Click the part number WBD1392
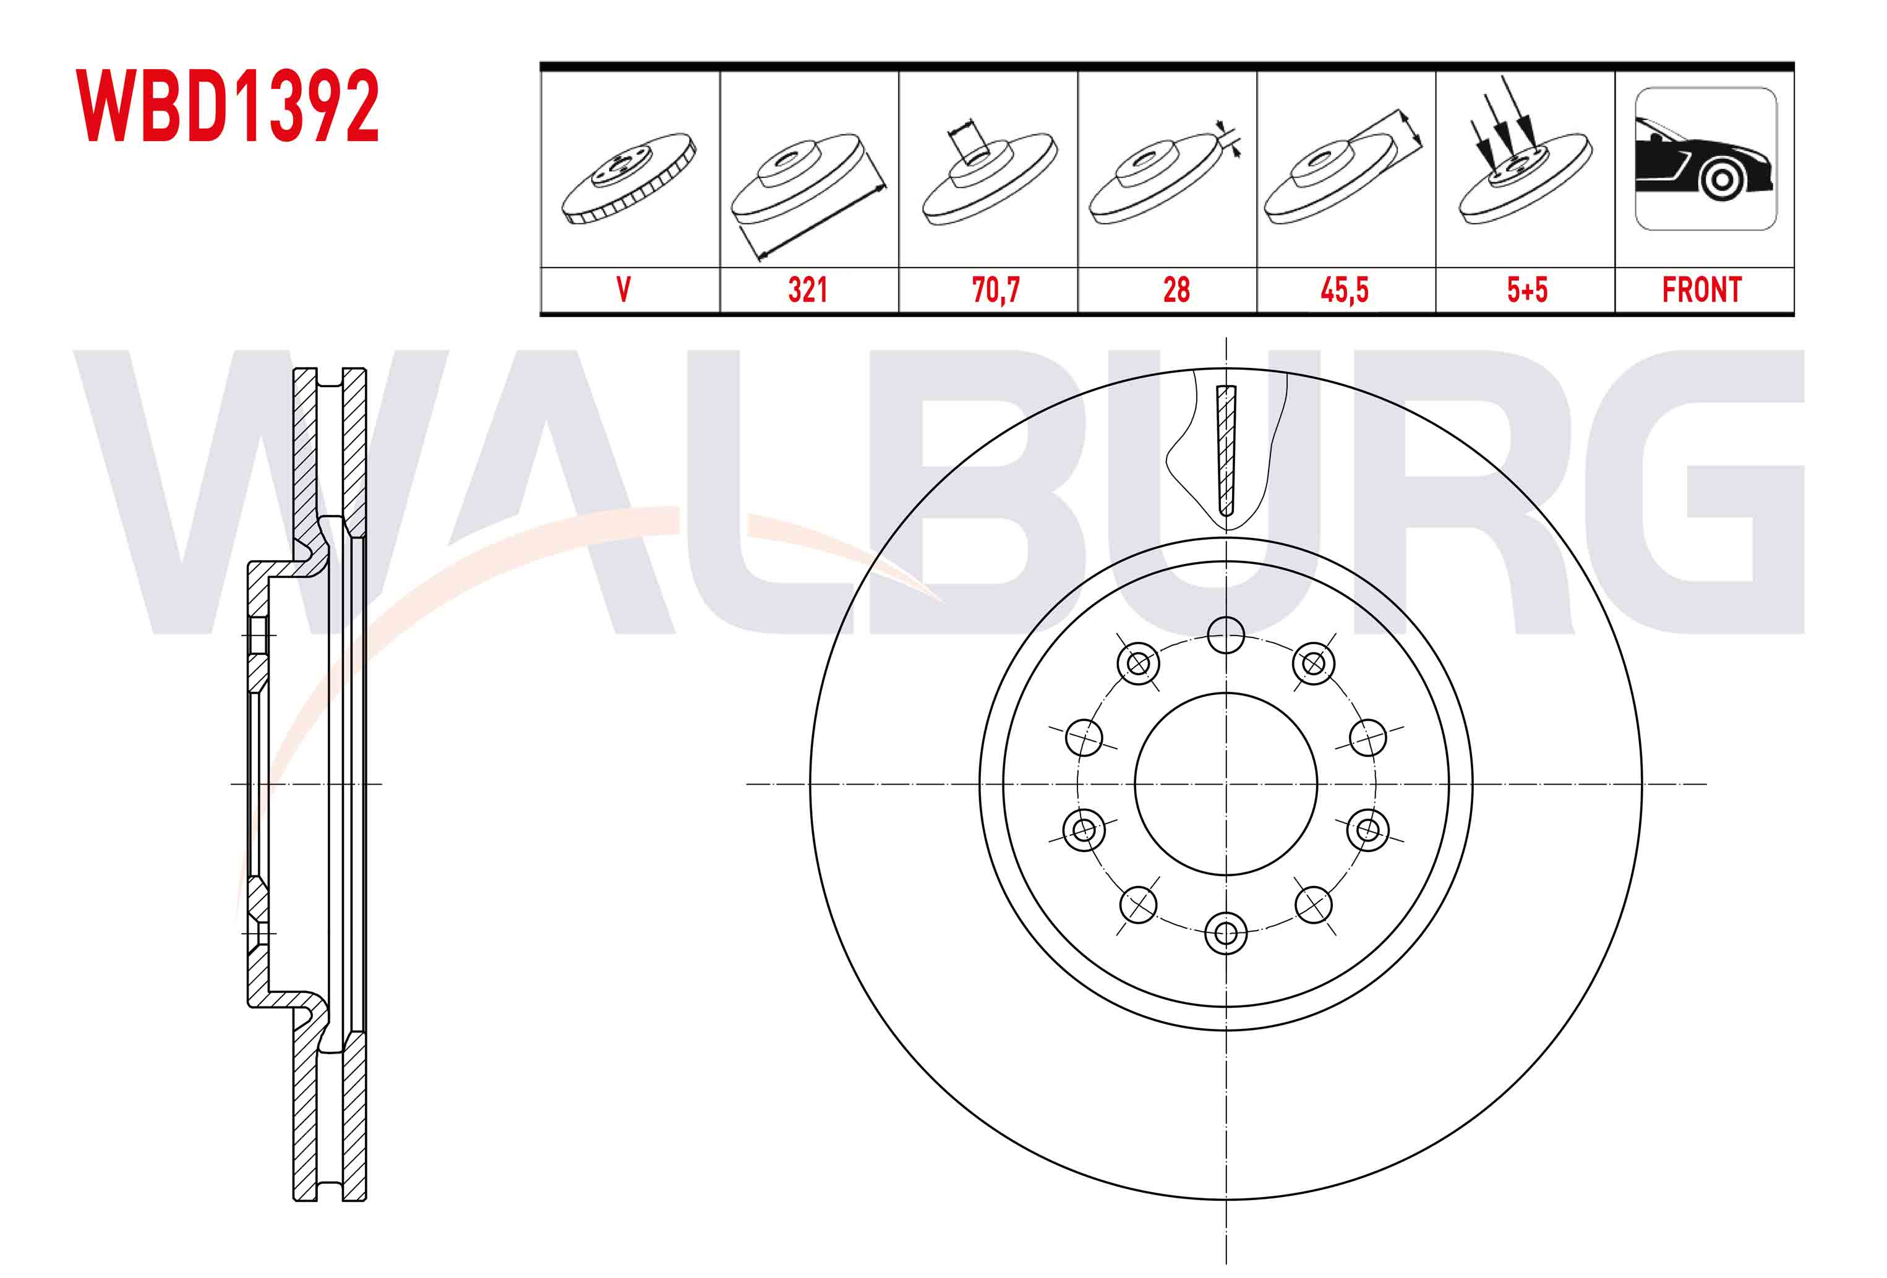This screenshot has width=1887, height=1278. point(228,106)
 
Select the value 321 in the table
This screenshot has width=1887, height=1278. point(808,290)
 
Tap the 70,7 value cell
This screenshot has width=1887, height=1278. point(996,290)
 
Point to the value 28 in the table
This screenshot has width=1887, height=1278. point(1176,290)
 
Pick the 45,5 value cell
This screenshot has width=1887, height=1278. point(1345,290)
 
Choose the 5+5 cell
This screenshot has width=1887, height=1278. point(1527,290)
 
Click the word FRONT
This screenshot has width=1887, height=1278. point(1702,290)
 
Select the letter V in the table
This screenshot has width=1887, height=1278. point(623,290)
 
